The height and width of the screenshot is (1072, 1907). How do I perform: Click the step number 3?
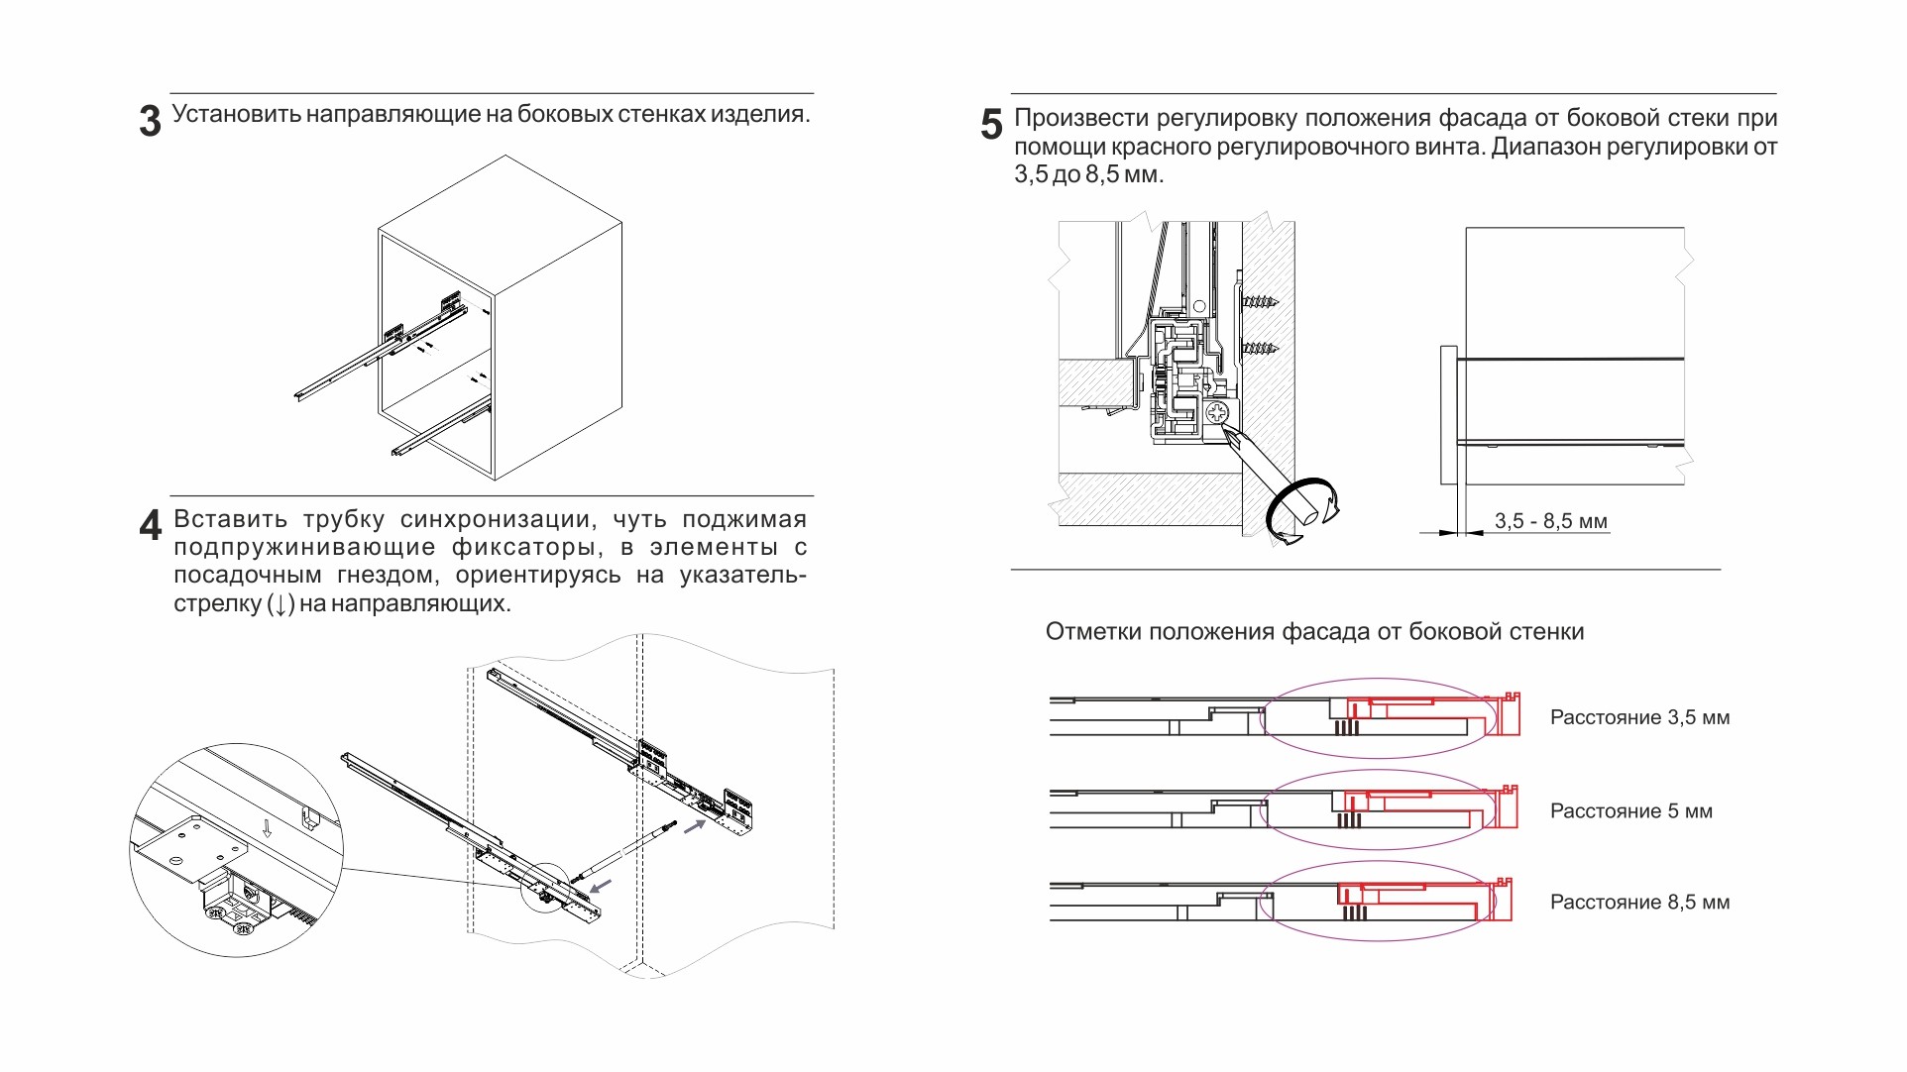point(150,122)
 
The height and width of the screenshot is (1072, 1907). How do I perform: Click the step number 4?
point(150,525)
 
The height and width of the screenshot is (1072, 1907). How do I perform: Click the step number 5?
point(991,125)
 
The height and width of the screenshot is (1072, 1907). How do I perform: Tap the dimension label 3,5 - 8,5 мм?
point(1551,521)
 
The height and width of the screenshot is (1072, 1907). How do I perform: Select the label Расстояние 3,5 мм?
point(1639,717)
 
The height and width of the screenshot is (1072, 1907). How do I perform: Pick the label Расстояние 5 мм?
point(1630,811)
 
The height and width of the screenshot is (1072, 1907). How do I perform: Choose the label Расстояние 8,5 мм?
point(1639,903)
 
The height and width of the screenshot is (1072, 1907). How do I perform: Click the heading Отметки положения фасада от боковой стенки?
point(1314,632)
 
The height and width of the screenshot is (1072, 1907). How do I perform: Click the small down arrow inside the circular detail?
point(267,827)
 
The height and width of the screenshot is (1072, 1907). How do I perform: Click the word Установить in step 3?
point(236,114)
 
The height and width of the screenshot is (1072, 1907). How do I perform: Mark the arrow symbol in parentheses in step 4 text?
point(281,603)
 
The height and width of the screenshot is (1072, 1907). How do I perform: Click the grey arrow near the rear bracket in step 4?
point(695,825)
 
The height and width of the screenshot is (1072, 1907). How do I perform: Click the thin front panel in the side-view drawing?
point(1448,416)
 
